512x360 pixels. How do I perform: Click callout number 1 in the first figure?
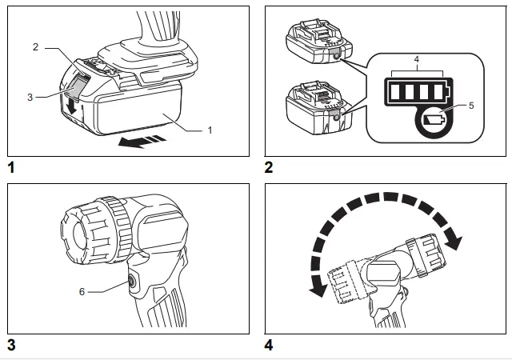[210, 129]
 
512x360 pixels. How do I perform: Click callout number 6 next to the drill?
[81, 292]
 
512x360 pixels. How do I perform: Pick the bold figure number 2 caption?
[269, 168]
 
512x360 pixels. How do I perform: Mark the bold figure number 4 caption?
[269, 346]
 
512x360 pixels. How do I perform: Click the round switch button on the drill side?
[131, 281]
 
